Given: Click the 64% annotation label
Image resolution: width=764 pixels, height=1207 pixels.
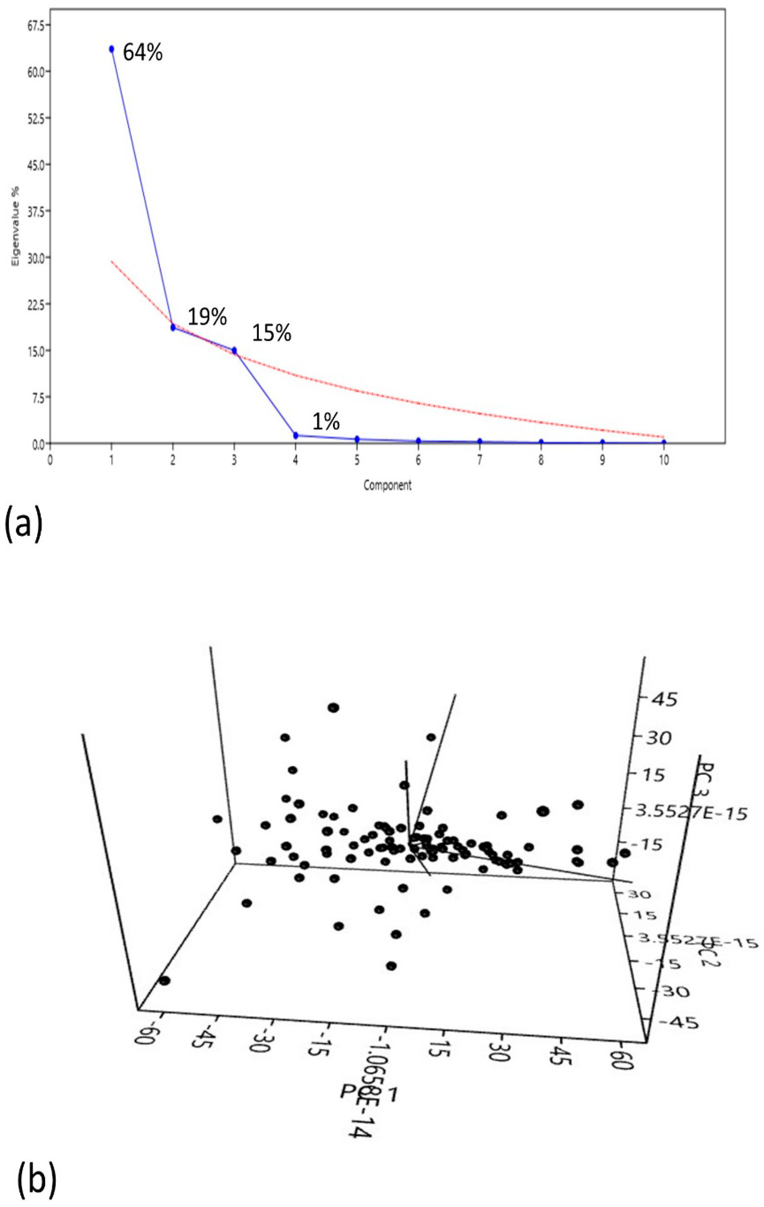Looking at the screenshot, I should [x=143, y=52].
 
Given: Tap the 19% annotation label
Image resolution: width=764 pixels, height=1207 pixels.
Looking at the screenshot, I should [x=207, y=317].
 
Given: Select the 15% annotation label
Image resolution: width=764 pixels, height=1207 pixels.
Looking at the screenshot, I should [x=272, y=333].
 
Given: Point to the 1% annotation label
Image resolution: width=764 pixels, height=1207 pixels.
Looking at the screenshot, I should [x=326, y=422].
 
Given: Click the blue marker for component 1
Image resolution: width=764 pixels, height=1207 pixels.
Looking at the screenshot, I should [x=112, y=49].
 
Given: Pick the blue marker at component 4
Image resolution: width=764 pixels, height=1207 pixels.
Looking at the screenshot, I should [x=296, y=435].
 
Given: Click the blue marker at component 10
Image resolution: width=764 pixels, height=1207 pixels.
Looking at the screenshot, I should [x=664, y=442].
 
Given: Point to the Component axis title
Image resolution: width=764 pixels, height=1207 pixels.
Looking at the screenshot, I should [x=387, y=485].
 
